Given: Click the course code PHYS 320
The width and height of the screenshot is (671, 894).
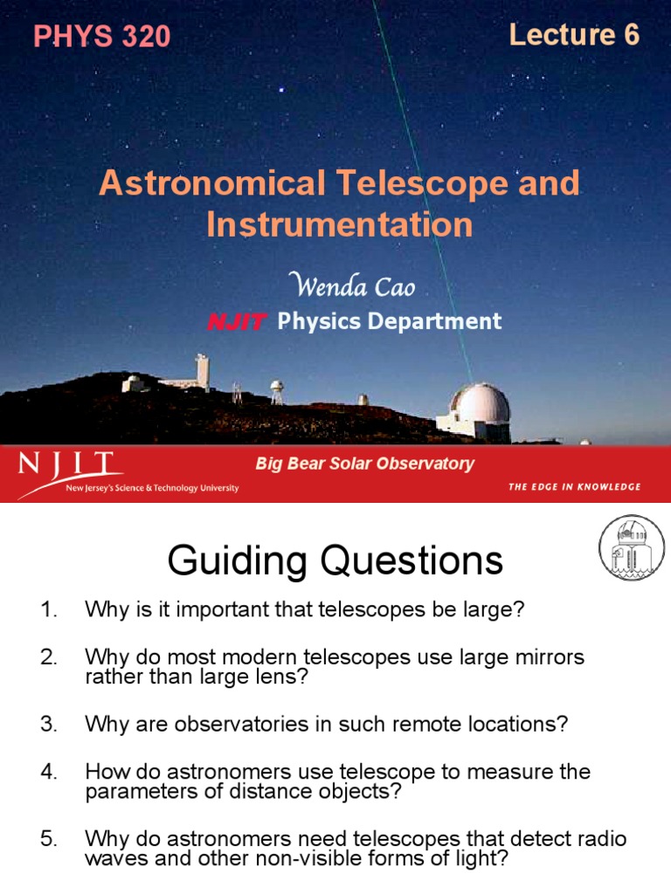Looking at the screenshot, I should [101, 37].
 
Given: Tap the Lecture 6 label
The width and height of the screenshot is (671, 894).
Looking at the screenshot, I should [574, 35].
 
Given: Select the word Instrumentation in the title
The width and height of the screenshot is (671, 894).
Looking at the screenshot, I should [340, 224].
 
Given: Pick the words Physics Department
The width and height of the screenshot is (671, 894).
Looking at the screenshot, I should [389, 321].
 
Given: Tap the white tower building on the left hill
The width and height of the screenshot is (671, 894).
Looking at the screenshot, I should [202, 370].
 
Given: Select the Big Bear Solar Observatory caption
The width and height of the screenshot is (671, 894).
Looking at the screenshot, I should [364, 464].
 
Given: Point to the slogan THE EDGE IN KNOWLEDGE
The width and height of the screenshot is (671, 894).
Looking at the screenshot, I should [574, 486].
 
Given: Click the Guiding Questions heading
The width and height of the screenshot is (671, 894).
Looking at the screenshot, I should [335, 560].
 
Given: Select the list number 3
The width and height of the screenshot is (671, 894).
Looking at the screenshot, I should [47, 725].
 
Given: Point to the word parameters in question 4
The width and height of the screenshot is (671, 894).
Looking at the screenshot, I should [129, 793].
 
